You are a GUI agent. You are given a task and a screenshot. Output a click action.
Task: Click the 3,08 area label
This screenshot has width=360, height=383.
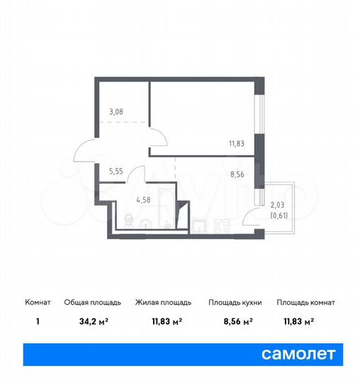point(116,111)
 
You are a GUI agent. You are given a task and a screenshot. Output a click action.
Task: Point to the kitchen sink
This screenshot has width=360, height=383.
point(200,226)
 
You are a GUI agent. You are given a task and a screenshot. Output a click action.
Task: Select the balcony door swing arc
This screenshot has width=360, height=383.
point(252,216)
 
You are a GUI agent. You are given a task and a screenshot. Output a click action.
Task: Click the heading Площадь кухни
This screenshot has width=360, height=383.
point(235,302)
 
